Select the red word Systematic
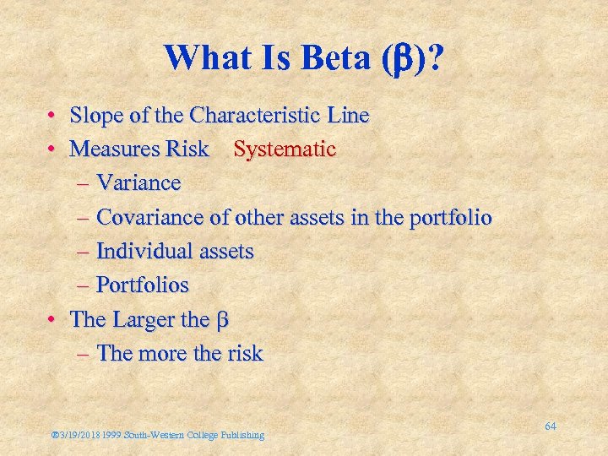pyautogui.click(x=285, y=149)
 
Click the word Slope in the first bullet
pyautogui.click(x=95, y=115)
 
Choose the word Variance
pyautogui.click(x=138, y=183)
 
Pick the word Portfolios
pyautogui.click(x=142, y=285)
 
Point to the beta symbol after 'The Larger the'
pyautogui.click(x=224, y=321)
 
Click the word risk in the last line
pyautogui.click(x=244, y=353)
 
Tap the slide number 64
pyautogui.click(x=550, y=426)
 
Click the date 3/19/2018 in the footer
pyautogui.click(x=79, y=435)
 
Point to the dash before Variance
pyautogui.click(x=85, y=183)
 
